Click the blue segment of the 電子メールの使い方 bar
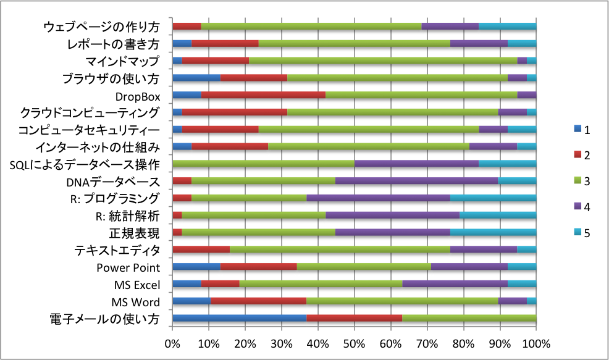(239, 318)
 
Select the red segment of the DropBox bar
(263, 95)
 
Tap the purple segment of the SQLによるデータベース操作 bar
(416, 164)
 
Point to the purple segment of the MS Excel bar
(455, 283)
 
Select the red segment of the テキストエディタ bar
(201, 249)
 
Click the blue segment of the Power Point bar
(196, 267)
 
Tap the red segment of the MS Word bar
(258, 301)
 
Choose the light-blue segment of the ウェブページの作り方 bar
(507, 27)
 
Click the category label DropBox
(138, 96)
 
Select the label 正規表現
(134, 233)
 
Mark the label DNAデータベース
(113, 182)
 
